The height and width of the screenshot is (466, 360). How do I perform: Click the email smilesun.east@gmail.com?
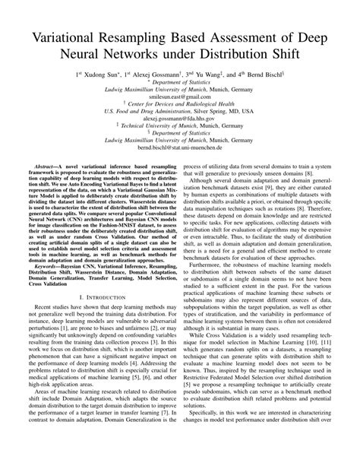(180, 98)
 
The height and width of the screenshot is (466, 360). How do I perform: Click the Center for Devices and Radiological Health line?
(180, 106)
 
